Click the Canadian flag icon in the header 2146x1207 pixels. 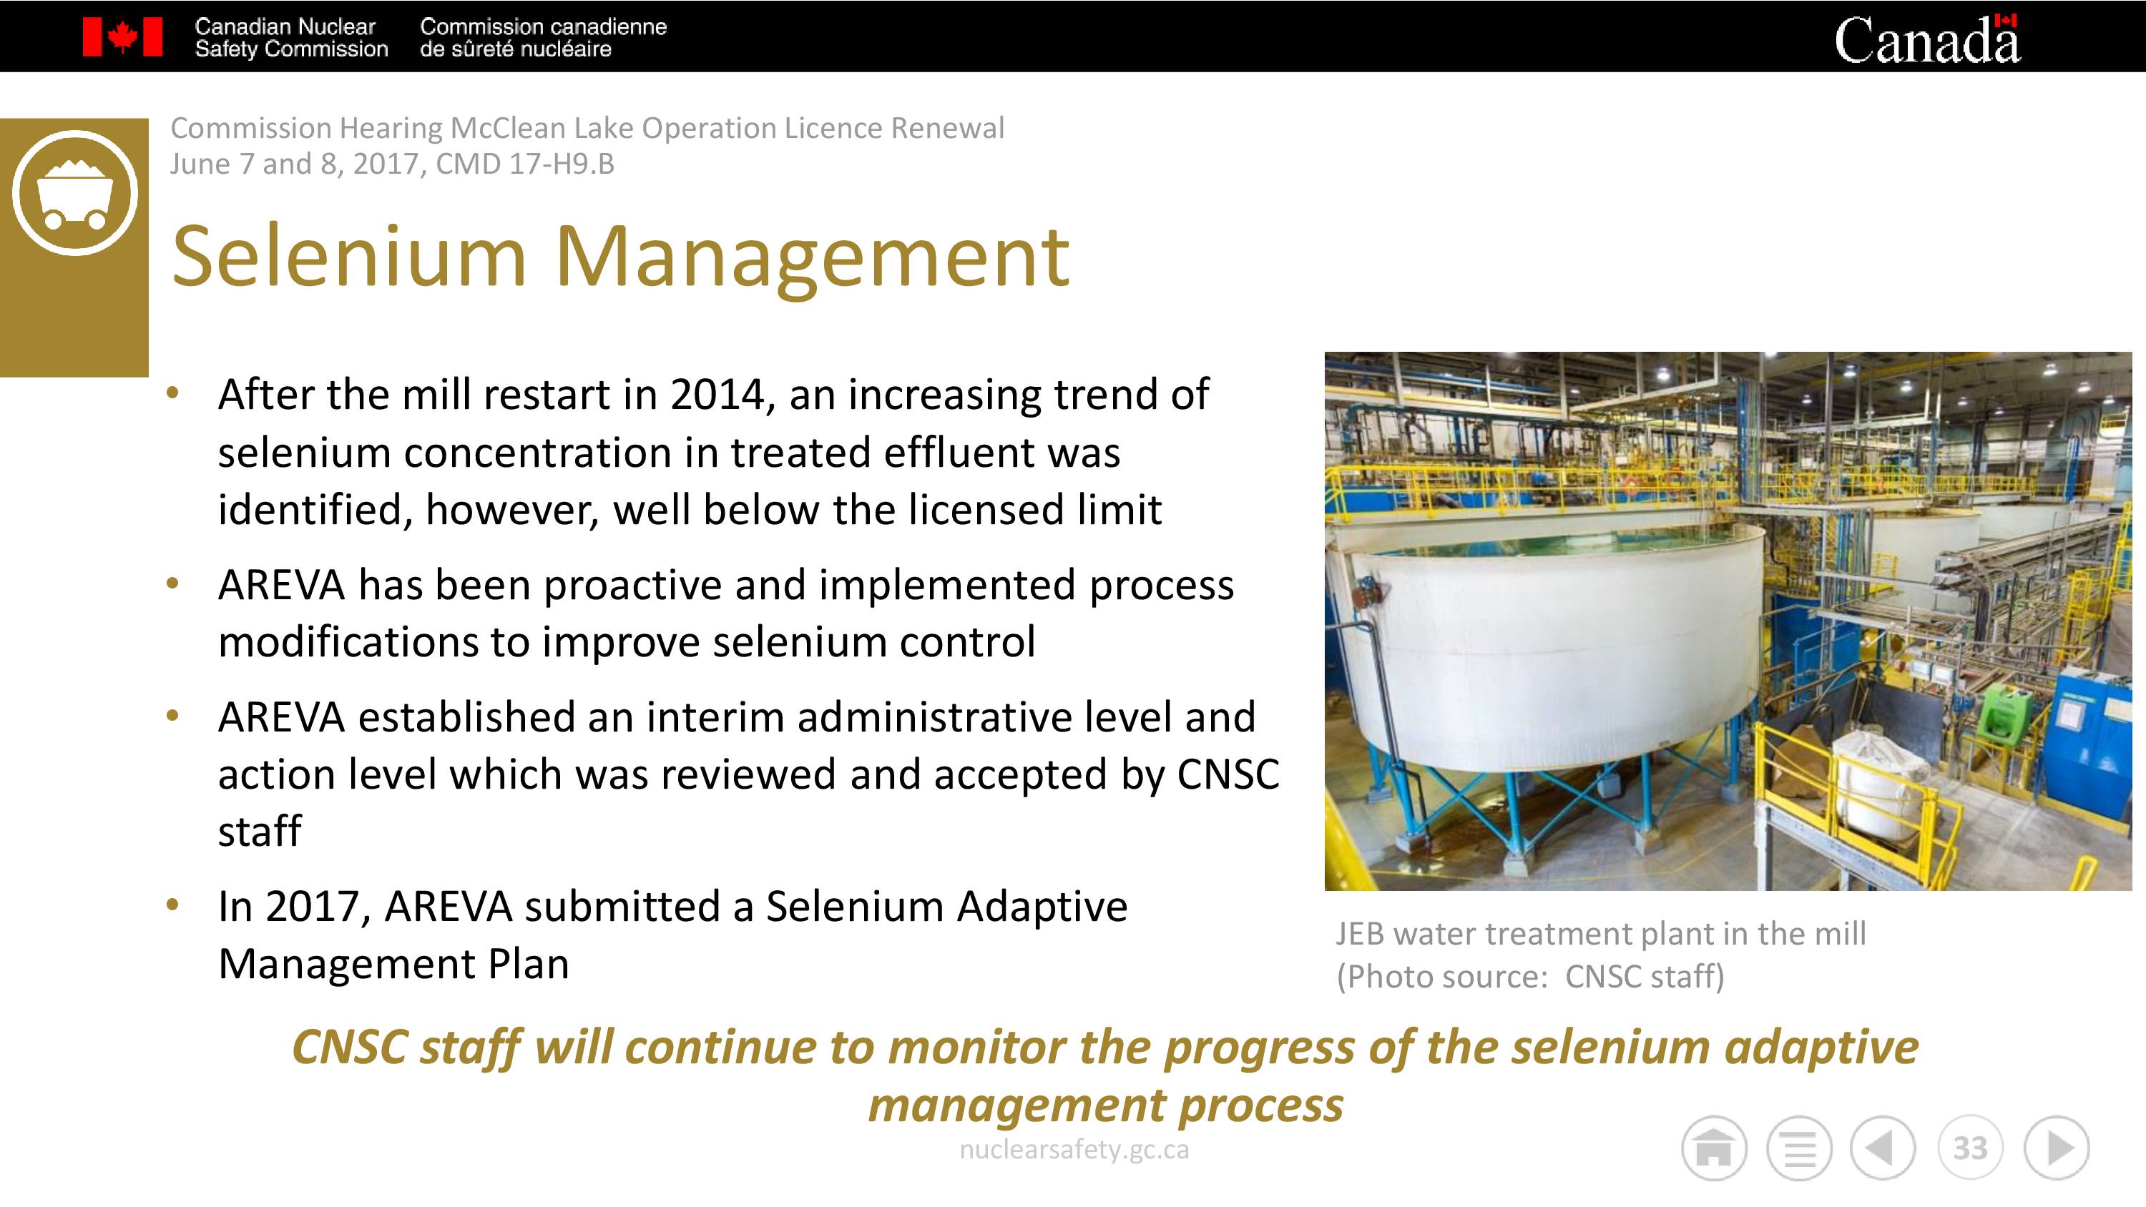[x=122, y=36]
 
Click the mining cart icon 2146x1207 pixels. [x=75, y=192]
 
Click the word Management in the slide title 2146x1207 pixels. [x=811, y=259]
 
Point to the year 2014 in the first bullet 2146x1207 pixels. [x=717, y=395]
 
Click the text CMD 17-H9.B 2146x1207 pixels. [x=525, y=164]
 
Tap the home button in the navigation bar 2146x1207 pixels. [x=1714, y=1148]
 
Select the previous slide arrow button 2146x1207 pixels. [x=1883, y=1148]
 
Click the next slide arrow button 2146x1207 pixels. [x=2057, y=1148]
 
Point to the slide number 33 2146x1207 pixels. [x=1970, y=1148]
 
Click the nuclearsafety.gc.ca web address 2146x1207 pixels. [x=1074, y=1150]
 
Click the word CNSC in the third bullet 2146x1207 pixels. [x=1228, y=774]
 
